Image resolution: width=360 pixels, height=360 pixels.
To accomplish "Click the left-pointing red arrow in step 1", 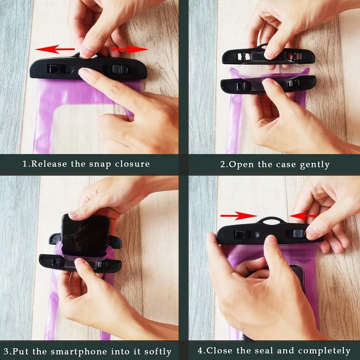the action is point(55,49).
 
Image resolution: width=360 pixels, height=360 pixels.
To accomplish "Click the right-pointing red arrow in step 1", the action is point(130,49).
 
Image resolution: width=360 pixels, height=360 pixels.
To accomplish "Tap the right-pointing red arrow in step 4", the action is point(238,216).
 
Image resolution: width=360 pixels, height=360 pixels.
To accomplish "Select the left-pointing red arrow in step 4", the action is point(303,216).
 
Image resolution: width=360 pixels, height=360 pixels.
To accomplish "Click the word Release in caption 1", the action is point(49,164).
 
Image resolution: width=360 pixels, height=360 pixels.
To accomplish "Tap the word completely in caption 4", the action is point(324,351).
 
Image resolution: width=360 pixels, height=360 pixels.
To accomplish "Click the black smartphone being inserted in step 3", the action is point(85,235).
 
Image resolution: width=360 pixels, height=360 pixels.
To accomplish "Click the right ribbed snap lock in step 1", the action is point(119,69).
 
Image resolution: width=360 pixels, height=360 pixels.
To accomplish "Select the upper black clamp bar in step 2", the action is point(268,55).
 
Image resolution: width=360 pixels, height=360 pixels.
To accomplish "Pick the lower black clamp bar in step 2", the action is point(268,85).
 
